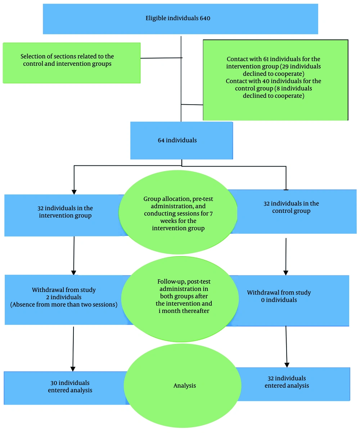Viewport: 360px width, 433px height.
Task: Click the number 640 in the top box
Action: (204, 18)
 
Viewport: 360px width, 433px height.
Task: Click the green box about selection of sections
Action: (71, 63)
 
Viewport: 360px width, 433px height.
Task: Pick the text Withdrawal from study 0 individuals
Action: (279, 296)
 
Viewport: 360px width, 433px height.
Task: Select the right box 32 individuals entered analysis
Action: (287, 382)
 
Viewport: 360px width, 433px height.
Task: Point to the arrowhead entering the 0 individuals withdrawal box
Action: (286, 272)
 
